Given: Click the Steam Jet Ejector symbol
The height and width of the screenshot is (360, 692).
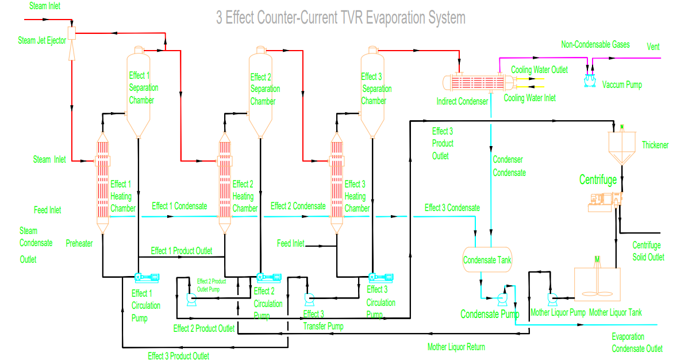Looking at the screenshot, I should point(72,33).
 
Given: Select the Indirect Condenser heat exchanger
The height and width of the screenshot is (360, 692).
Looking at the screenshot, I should point(476,82).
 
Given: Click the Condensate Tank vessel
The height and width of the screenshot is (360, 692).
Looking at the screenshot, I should point(487,260).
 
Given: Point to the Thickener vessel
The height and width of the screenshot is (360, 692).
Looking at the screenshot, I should point(622,144).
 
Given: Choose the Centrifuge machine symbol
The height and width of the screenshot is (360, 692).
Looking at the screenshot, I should point(605,200).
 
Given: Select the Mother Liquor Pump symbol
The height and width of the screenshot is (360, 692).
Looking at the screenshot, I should point(553,298).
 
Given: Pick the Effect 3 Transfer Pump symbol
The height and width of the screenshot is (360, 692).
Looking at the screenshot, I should point(309,298).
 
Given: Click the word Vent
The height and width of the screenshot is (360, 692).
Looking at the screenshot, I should point(653,47).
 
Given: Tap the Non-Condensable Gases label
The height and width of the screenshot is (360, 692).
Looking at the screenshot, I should point(595,44).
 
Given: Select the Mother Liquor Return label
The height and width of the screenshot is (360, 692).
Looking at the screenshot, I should point(456,347).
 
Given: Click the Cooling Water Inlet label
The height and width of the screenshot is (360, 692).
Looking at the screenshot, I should point(529,98).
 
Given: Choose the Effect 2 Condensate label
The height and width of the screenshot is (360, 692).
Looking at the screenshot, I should point(298,206).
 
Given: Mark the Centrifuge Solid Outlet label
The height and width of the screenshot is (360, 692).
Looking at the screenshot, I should point(648,251).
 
